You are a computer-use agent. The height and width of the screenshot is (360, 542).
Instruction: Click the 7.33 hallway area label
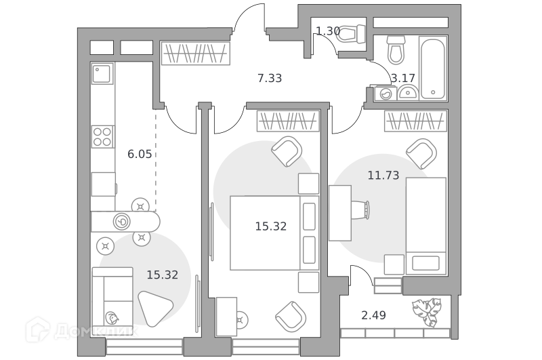(270, 78)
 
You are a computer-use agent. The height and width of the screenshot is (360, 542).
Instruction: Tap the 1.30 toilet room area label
(328, 31)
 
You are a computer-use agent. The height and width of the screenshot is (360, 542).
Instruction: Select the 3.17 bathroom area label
(402, 78)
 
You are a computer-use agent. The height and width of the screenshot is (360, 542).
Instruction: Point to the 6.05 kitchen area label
(140, 154)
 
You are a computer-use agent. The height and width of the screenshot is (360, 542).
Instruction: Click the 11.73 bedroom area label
(383, 176)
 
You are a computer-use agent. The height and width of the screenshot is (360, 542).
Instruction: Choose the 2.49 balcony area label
(374, 315)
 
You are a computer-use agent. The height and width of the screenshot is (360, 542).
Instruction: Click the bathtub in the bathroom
(433, 68)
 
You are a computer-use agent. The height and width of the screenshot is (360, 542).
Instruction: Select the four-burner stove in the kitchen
(103, 136)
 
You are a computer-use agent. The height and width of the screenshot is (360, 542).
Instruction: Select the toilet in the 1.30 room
(350, 34)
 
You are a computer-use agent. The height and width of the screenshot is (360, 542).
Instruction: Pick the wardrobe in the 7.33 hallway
(196, 54)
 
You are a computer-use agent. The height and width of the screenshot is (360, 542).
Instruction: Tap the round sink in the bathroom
(409, 93)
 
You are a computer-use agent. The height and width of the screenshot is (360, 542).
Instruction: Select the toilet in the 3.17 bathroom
(396, 50)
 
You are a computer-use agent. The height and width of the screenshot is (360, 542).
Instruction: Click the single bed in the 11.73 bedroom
(426, 226)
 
